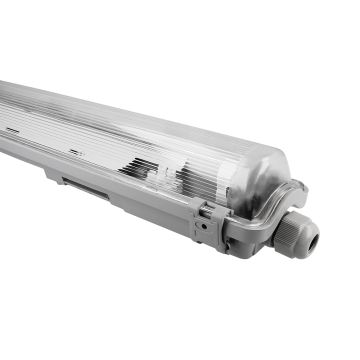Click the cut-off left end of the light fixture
coord(5,110)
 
